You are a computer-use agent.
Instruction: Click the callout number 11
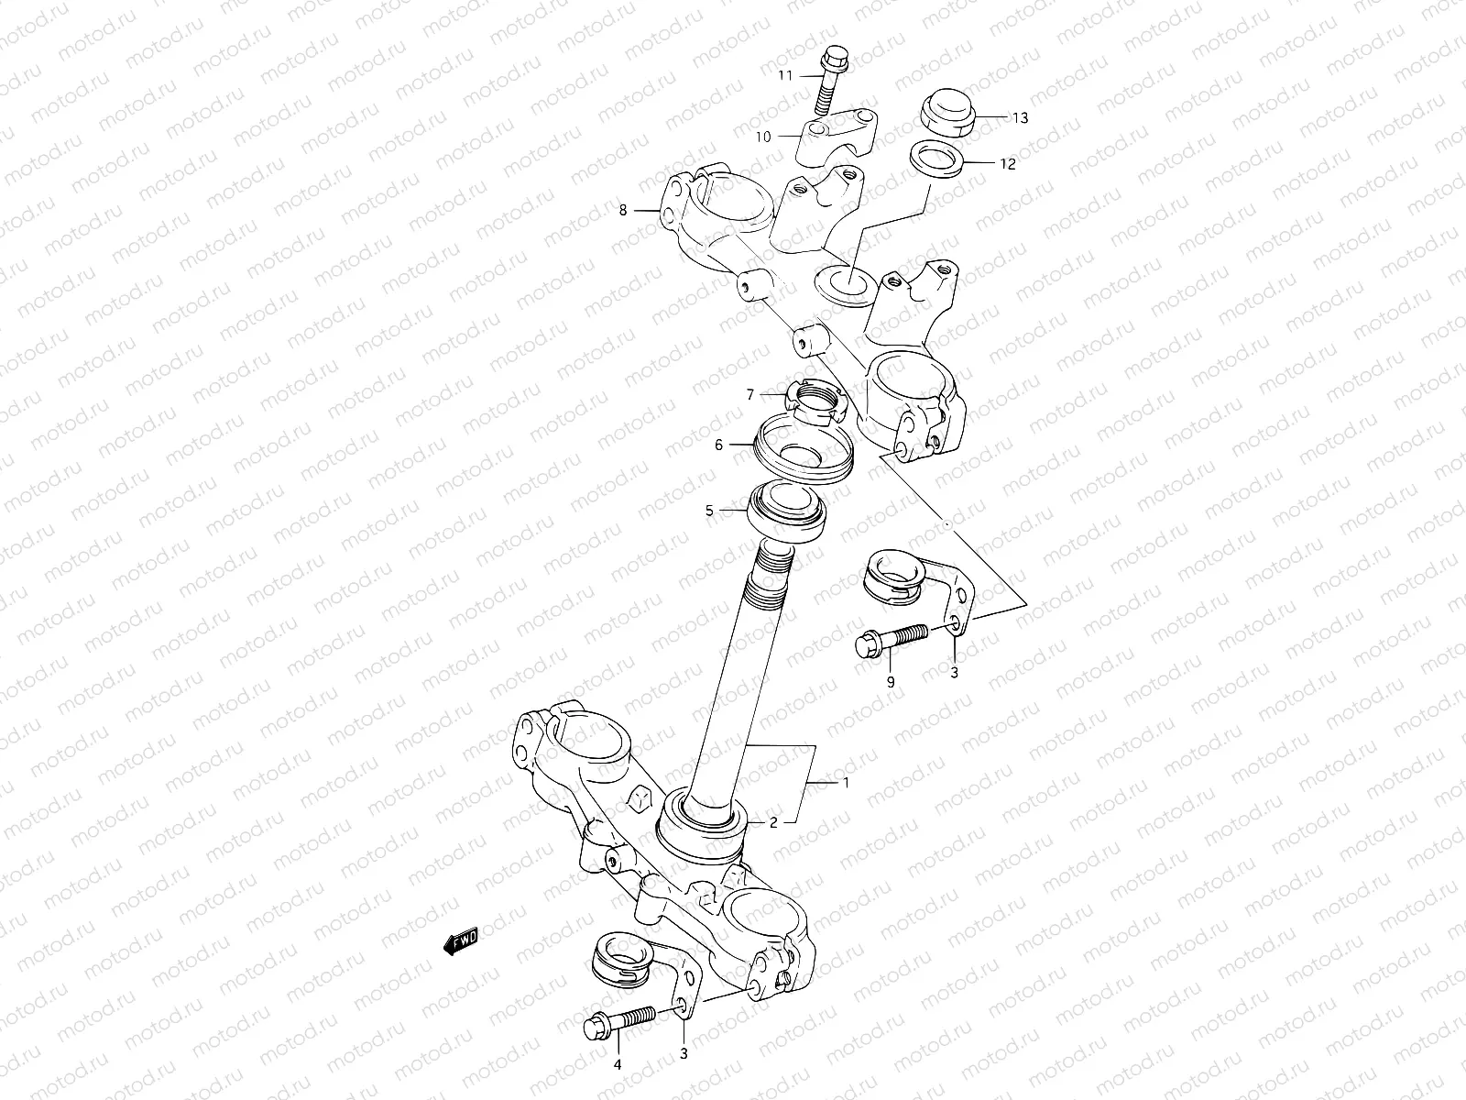tap(784, 75)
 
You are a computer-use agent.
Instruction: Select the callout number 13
tap(1021, 117)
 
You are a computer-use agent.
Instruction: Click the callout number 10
tap(763, 137)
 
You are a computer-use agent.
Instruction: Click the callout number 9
tap(890, 681)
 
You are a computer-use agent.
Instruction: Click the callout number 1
tap(847, 783)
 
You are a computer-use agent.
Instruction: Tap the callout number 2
tap(773, 822)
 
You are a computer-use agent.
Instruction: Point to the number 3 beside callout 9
tap(953, 673)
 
